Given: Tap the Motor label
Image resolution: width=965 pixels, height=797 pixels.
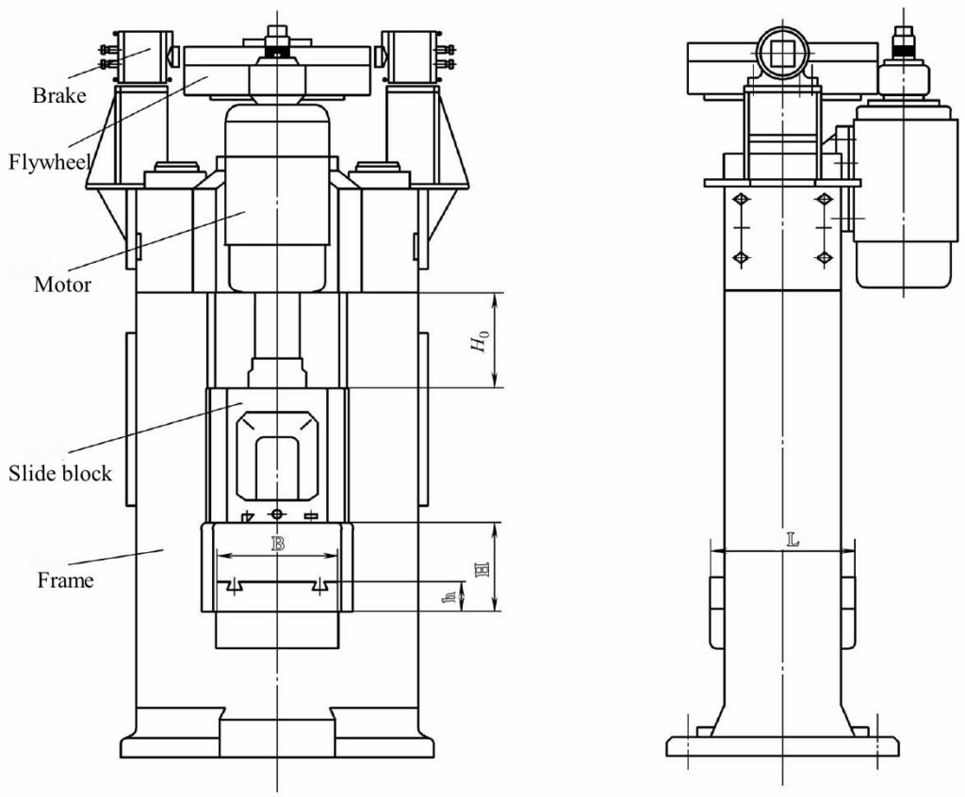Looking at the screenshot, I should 62,284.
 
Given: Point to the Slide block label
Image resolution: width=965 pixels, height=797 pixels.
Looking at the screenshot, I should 60,473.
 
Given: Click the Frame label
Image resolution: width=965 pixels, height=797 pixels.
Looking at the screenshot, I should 65,580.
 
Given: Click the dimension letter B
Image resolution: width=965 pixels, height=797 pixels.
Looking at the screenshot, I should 277,544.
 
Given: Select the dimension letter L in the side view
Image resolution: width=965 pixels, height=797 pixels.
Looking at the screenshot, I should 793,541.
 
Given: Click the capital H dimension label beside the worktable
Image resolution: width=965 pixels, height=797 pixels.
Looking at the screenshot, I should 480,567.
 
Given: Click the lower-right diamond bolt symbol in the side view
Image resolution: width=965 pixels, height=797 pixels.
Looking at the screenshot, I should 825,257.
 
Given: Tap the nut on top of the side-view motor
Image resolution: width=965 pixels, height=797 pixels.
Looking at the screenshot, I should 900,43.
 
